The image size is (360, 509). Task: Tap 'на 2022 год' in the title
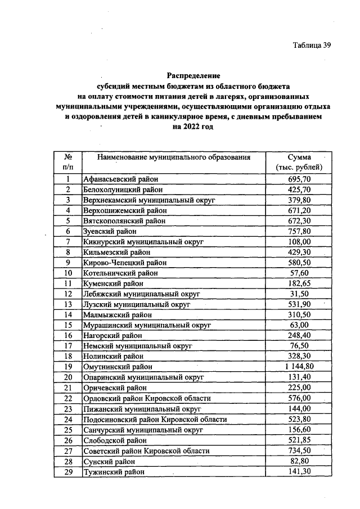(x=193, y=127)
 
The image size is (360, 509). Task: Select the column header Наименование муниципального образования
(x=173, y=157)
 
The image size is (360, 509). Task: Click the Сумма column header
(x=299, y=162)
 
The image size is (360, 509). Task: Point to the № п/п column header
(x=67, y=162)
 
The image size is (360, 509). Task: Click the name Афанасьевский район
(x=117, y=179)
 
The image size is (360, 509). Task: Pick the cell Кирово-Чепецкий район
(x=120, y=262)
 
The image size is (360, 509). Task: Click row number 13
(x=67, y=304)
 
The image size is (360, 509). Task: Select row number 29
(x=67, y=471)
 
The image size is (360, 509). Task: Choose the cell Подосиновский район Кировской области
(x=155, y=419)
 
